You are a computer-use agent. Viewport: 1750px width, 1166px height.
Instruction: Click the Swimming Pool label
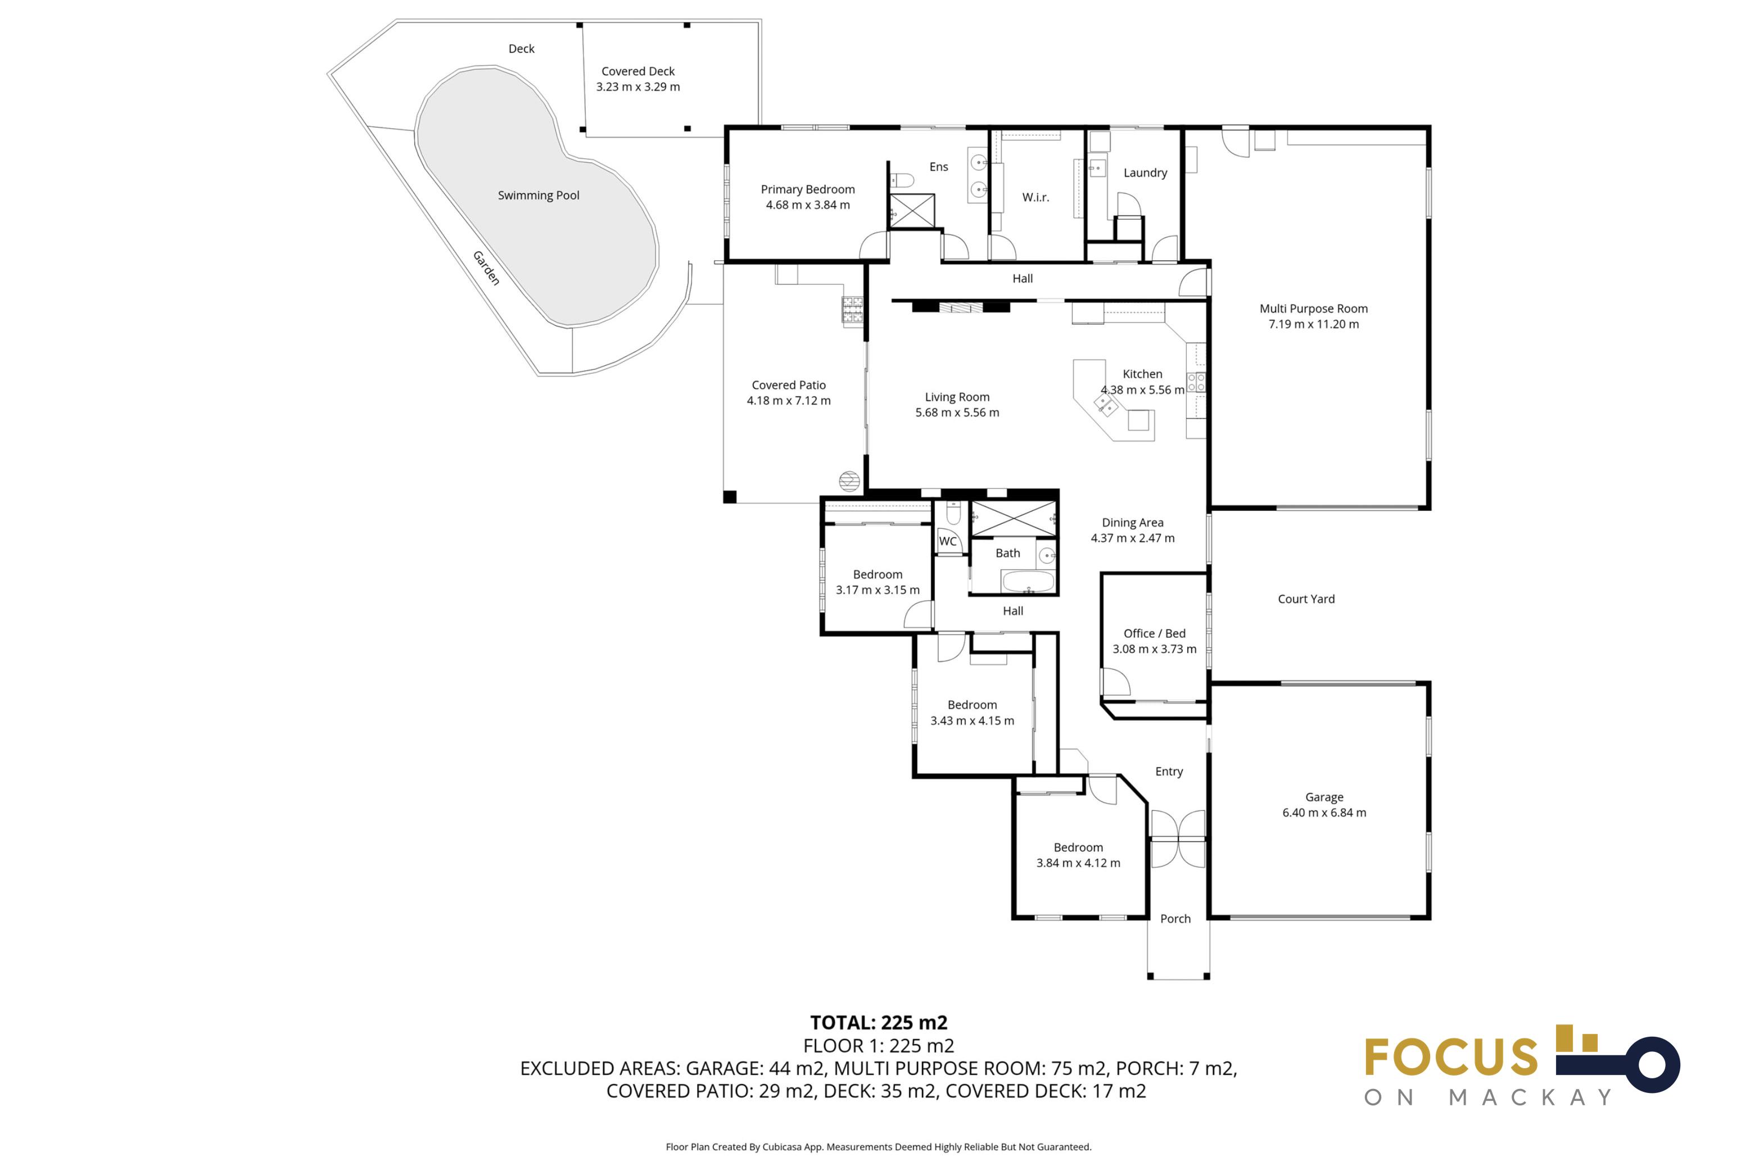538,196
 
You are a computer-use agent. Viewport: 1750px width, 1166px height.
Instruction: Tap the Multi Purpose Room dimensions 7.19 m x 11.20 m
1313,324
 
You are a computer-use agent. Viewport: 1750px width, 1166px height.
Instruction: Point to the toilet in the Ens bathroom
901,180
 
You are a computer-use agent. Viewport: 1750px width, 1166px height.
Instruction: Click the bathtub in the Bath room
1027,581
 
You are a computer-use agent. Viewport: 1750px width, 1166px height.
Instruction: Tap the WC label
947,541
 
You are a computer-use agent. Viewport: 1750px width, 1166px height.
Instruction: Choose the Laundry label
1145,173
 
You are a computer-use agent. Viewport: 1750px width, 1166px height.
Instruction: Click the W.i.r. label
1035,197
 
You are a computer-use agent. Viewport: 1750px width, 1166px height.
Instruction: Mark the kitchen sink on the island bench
1105,404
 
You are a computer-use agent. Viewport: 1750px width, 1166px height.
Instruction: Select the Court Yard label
1305,600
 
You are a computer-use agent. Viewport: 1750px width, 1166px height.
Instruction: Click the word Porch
1175,919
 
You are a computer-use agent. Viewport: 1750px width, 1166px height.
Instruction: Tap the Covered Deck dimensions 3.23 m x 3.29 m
637,87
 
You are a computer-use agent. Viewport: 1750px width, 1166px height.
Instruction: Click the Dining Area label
1132,523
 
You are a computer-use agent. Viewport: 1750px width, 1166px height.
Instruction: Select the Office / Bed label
1154,633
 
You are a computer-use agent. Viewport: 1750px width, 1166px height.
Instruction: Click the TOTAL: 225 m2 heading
878,1023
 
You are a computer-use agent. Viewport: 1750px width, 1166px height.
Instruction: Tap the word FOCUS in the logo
1450,1056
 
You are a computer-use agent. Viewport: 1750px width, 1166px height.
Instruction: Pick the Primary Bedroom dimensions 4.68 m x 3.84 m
808,205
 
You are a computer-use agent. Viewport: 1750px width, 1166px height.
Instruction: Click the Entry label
1168,772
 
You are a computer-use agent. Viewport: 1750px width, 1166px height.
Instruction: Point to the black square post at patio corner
730,497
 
